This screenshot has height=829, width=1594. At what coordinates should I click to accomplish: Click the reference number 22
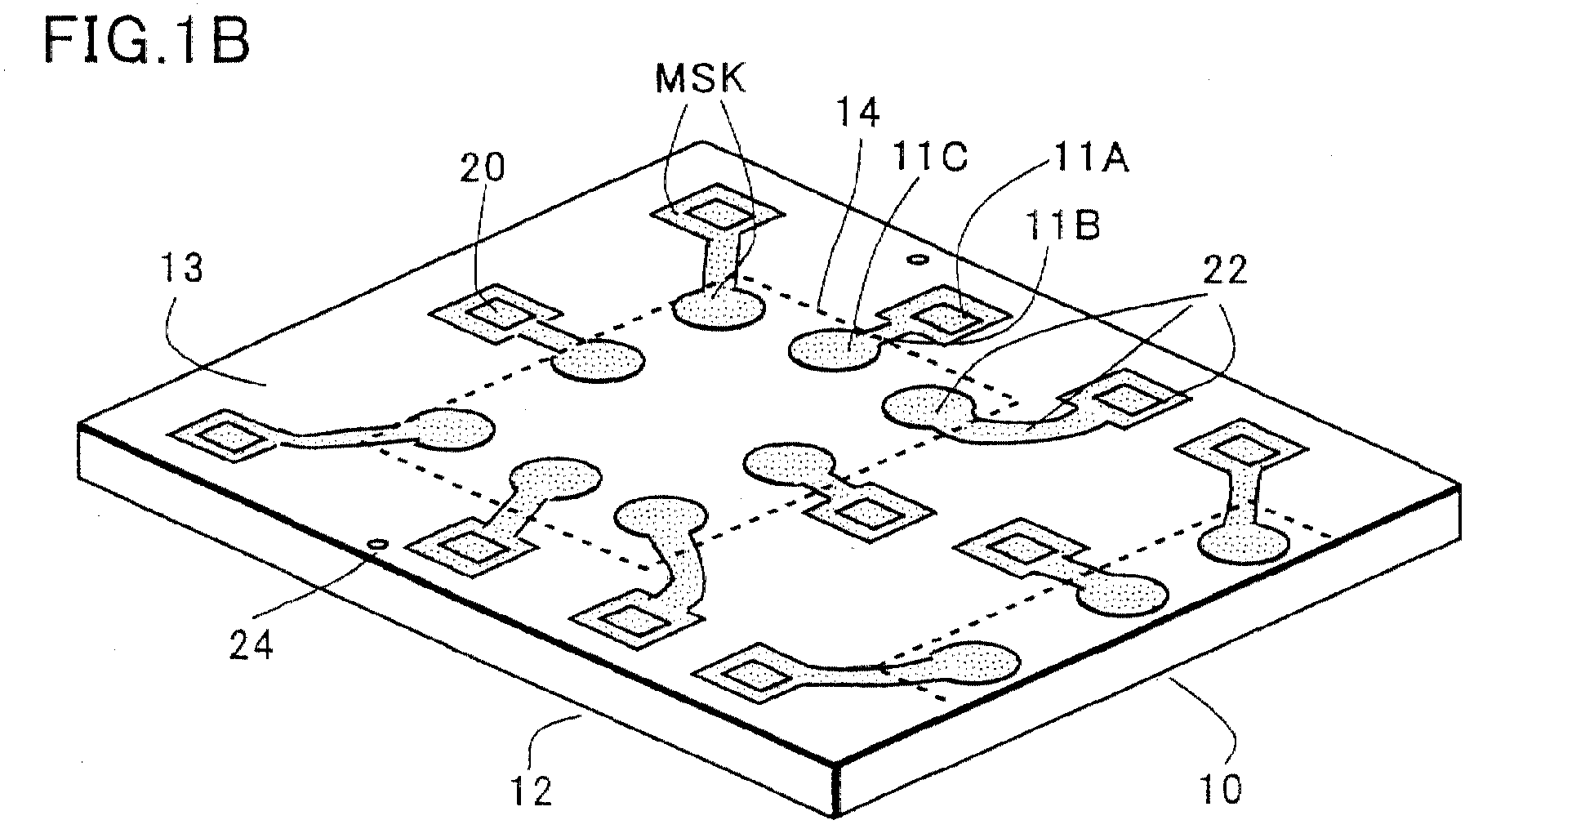coord(1225,270)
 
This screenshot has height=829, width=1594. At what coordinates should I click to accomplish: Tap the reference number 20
coord(482,167)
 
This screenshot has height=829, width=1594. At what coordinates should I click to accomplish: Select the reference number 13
coord(183,267)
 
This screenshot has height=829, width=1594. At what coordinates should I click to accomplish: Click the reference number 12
coord(531,790)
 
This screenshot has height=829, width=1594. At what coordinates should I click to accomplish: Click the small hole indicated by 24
coord(377,543)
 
